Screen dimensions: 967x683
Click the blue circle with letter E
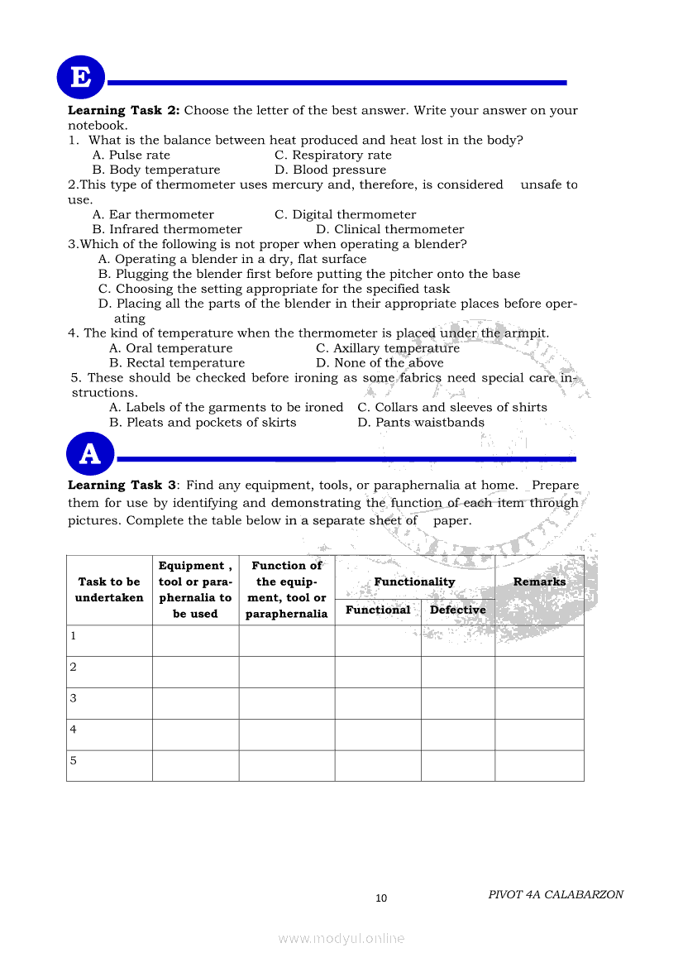tap(80, 78)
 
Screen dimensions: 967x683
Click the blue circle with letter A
tap(89, 455)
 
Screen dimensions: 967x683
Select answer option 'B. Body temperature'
tap(156, 170)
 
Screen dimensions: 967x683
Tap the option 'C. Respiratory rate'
tap(333, 155)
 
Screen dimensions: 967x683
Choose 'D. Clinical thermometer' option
tap(389, 229)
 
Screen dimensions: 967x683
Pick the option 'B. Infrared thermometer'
tap(167, 229)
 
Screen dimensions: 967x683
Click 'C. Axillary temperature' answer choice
tap(388, 348)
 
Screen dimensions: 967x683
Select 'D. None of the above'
tap(380, 363)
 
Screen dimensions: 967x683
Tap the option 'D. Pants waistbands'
tap(421, 423)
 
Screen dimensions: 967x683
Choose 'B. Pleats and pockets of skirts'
tap(203, 423)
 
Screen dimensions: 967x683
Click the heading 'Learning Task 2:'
tap(123, 110)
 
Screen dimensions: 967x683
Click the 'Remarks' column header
tap(539, 582)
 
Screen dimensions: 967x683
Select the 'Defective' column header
tap(457, 610)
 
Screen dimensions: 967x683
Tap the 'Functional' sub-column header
tap(378, 610)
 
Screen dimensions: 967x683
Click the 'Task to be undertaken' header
tap(109, 590)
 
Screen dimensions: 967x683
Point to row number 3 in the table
tap(74, 698)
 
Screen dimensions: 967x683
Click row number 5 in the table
tap(74, 760)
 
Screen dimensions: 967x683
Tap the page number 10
tap(381, 898)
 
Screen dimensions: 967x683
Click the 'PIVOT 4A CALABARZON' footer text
tap(556, 894)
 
